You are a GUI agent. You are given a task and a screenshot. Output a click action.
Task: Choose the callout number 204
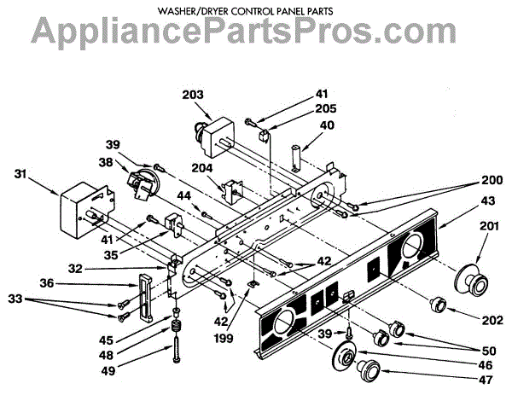tap(202, 169)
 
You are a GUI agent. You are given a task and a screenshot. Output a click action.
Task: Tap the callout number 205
tap(302, 108)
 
